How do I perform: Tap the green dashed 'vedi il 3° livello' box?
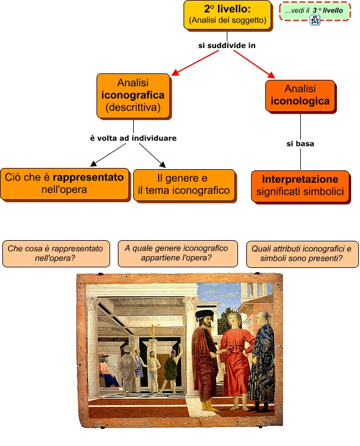314,11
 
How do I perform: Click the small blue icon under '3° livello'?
314,21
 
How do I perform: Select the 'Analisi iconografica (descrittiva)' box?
133,95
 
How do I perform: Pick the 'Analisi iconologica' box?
300,95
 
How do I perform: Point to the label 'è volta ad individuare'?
133,138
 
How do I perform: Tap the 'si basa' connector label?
300,144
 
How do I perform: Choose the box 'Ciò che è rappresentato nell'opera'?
65,183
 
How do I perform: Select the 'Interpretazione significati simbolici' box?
300,185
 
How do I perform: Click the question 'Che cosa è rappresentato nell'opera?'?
55,253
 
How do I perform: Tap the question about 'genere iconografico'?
177,253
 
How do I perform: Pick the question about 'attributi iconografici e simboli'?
302,253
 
